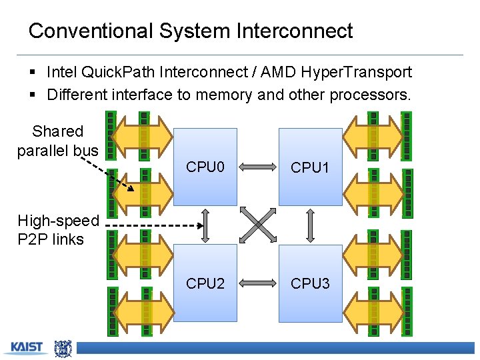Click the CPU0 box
[x=205, y=167]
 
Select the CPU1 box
[x=310, y=167]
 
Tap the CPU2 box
[x=205, y=283]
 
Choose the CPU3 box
[x=310, y=283]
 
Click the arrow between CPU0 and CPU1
[x=257, y=166]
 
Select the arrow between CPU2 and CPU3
[x=257, y=283]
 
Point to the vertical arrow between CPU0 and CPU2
[x=205, y=225]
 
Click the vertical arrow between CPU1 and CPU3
[x=310, y=225]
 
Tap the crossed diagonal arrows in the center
[x=258, y=225]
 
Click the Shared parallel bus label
[x=57, y=141]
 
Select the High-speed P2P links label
[x=58, y=229]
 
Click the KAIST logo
[x=26, y=347]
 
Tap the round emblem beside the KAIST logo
[x=63, y=347]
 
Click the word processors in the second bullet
[x=369, y=95]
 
